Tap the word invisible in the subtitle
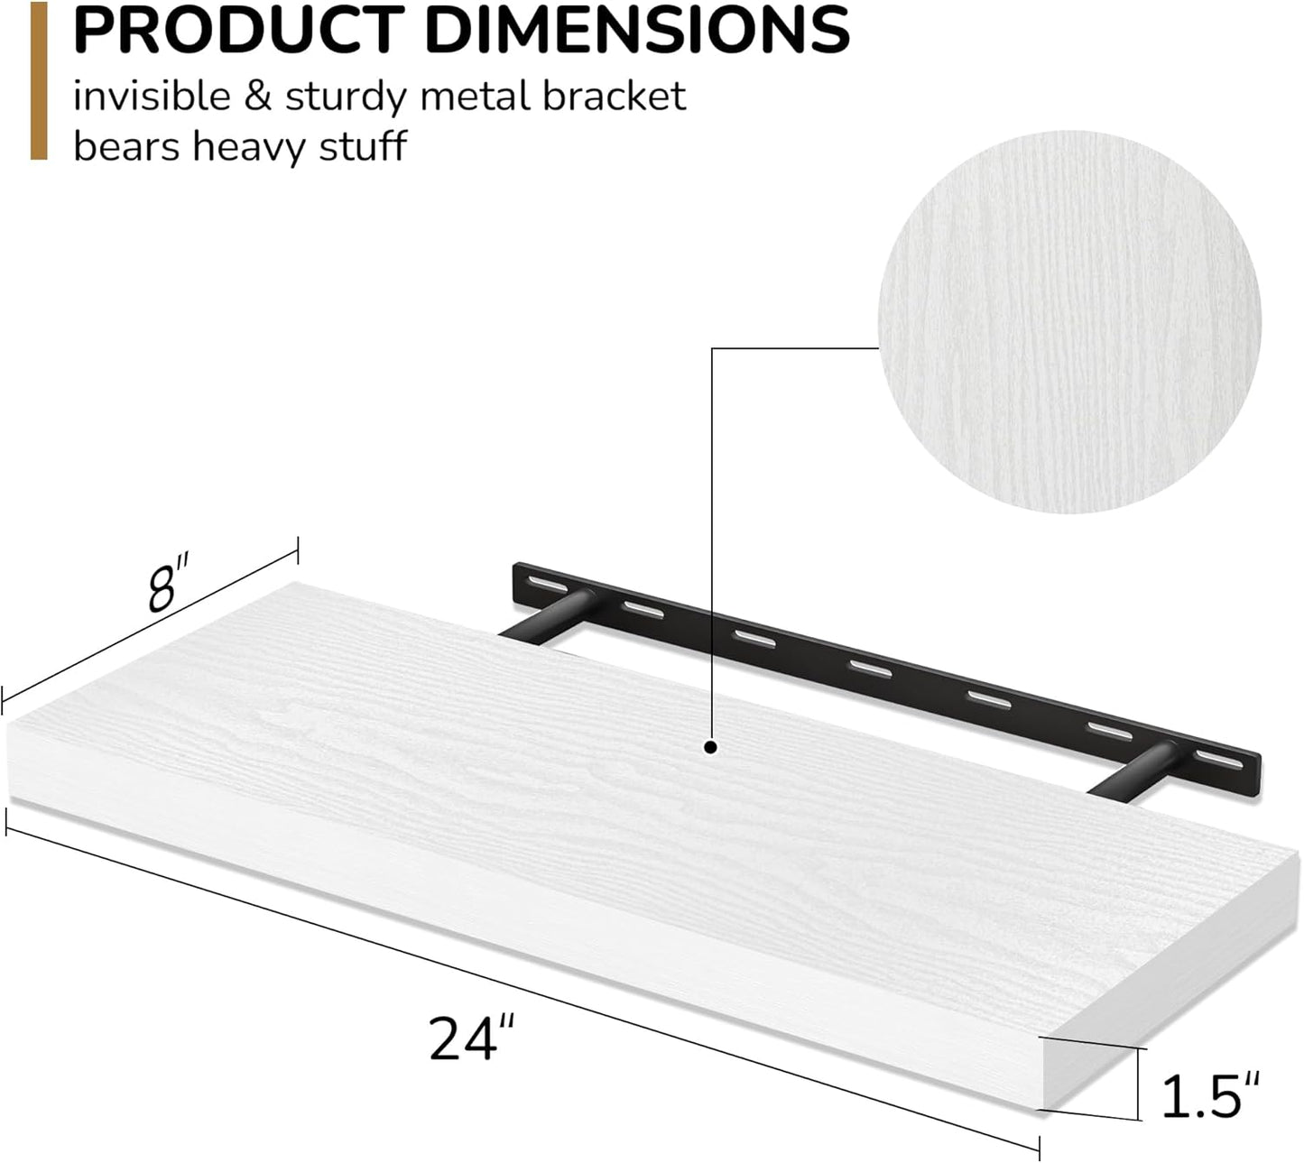[152, 97]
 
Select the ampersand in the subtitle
[258, 97]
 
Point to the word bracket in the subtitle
[614, 97]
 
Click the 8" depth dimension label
[169, 586]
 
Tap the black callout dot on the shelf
[711, 747]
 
